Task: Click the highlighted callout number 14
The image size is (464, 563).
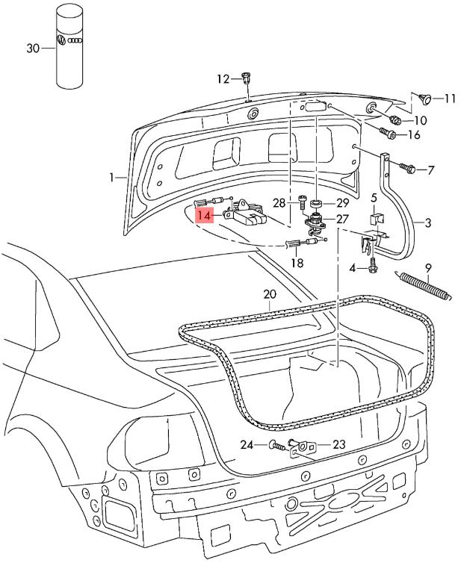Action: click(204, 214)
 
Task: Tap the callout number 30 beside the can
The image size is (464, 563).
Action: click(33, 49)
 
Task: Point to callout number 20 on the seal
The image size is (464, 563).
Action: click(270, 293)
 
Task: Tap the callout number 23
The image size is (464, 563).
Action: click(338, 444)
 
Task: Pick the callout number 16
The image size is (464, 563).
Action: click(413, 135)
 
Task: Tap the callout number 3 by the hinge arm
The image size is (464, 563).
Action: click(428, 223)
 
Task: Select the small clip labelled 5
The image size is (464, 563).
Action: click(376, 221)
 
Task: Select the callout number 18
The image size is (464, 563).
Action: click(297, 263)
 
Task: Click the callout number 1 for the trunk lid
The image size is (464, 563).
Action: click(112, 178)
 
